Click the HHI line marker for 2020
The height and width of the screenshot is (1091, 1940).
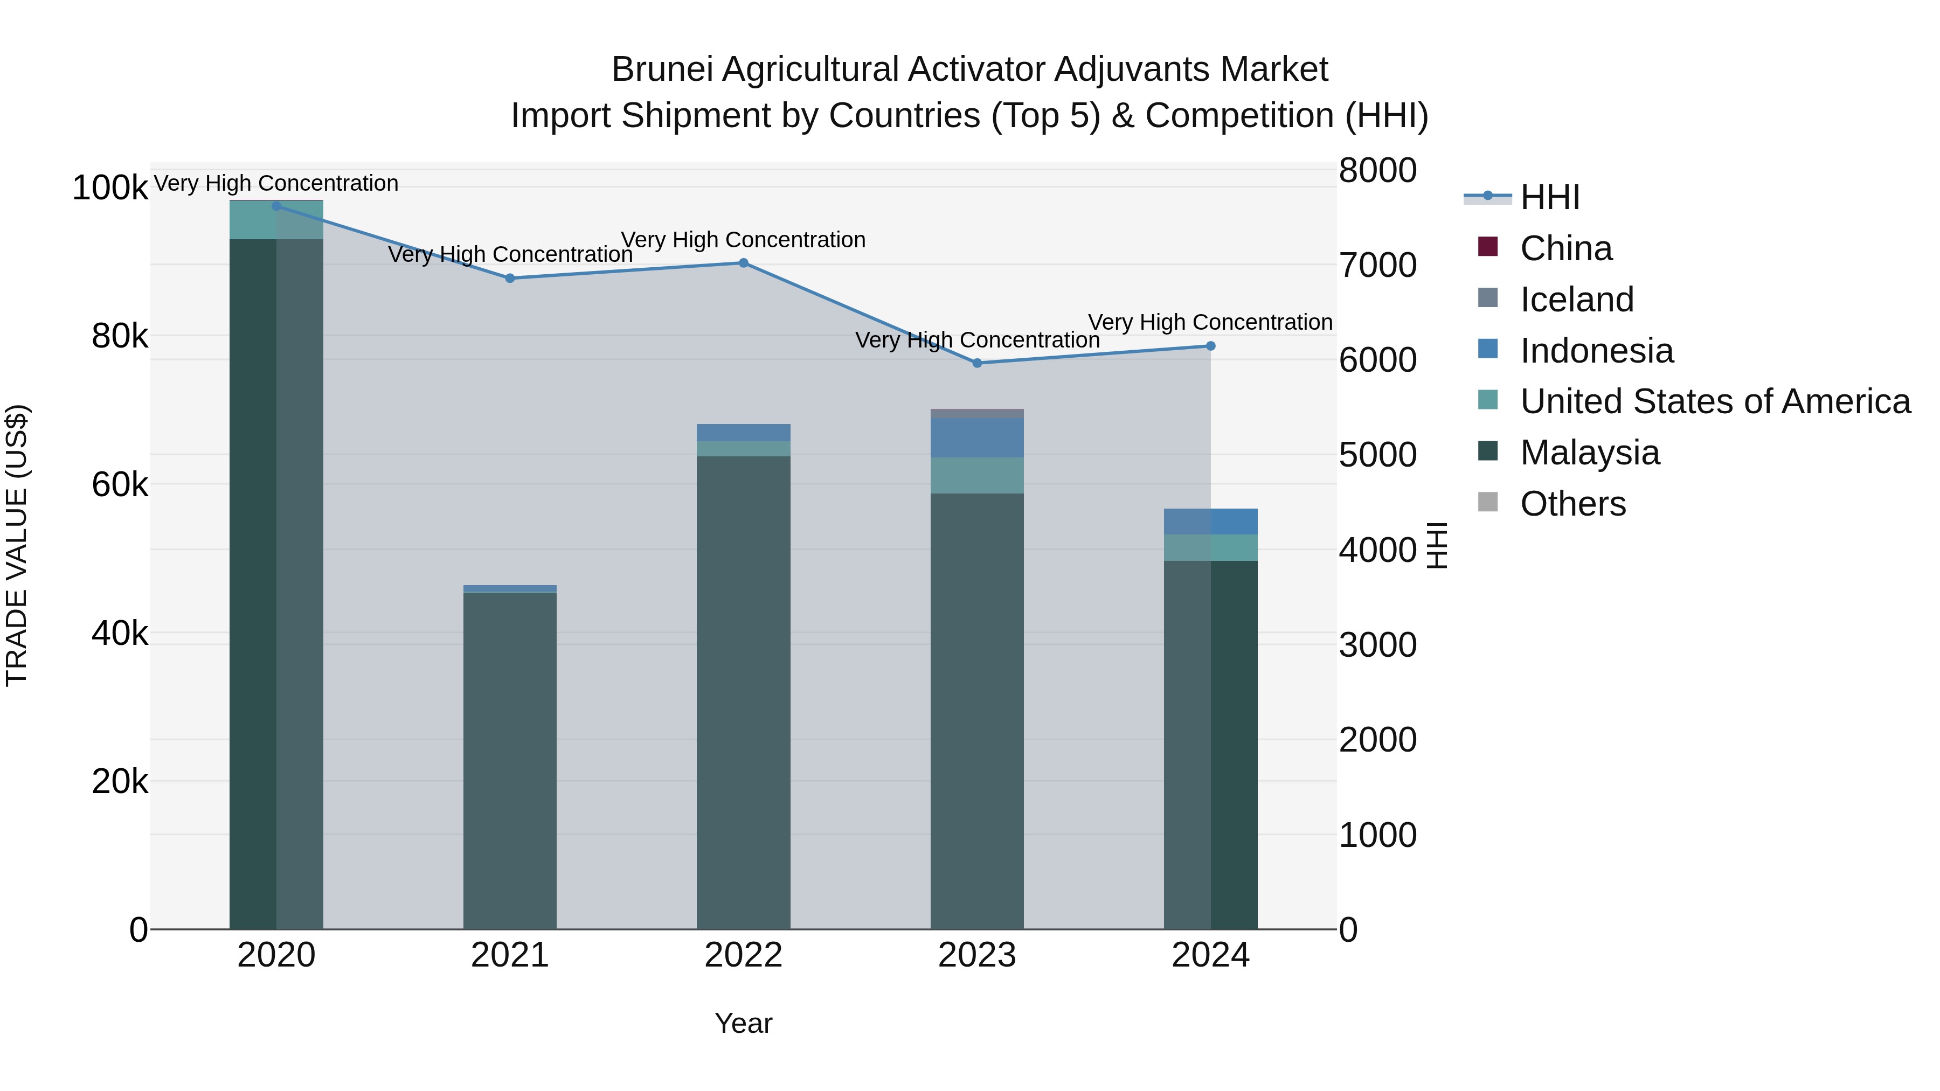point(276,206)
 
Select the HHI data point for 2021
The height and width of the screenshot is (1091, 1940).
point(510,279)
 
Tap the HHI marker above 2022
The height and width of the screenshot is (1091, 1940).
point(743,263)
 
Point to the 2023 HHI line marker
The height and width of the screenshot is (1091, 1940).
point(978,363)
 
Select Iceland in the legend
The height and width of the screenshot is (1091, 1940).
point(1576,300)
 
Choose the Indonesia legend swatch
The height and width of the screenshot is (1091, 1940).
point(1488,349)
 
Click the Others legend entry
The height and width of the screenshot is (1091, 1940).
point(1572,504)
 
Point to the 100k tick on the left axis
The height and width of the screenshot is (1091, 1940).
point(110,187)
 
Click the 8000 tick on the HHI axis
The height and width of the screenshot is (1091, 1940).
point(1377,170)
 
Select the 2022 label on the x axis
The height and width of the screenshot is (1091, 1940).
point(743,955)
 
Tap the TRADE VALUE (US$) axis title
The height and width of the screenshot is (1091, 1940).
point(17,545)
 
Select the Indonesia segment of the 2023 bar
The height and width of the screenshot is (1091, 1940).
point(978,438)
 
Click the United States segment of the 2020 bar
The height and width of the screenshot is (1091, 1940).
point(276,220)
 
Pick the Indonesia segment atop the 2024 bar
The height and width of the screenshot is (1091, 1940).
point(1211,522)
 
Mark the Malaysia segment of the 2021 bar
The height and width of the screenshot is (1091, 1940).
point(510,760)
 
